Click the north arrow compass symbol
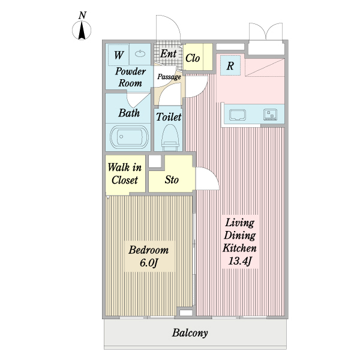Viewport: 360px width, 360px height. [82, 31]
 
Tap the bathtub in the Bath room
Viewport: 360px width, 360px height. [129, 137]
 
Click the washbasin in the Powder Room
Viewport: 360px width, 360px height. [140, 54]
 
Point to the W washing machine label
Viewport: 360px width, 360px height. [119, 55]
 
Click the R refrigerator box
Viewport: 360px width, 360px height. [230, 65]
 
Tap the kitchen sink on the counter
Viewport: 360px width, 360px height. [238, 115]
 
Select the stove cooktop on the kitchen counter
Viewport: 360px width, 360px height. [271, 115]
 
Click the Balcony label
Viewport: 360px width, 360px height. [190, 333]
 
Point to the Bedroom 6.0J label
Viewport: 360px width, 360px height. [149, 256]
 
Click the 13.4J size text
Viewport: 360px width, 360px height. [239, 261]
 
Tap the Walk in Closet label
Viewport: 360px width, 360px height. [125, 173]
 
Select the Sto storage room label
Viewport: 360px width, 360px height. [172, 179]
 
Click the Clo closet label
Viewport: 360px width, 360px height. [193, 58]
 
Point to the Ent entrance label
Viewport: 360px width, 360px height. [168, 54]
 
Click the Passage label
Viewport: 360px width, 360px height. [169, 77]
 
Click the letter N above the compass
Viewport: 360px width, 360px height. [82, 15]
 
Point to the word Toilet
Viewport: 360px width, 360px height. [169, 117]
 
